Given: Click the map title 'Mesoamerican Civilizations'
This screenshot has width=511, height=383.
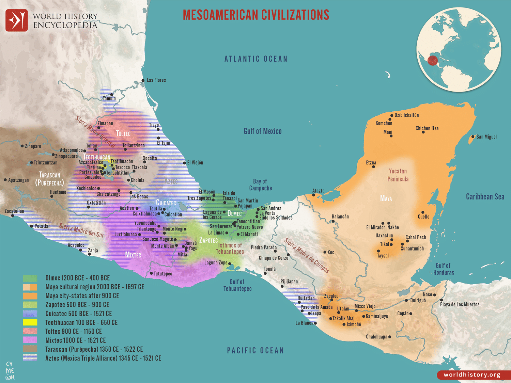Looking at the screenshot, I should click(256, 15).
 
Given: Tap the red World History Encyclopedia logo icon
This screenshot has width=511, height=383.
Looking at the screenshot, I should click(17, 20).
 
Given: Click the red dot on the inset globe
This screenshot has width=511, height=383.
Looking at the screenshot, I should click(432, 61).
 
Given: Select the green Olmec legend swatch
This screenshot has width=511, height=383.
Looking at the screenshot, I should click(30, 278).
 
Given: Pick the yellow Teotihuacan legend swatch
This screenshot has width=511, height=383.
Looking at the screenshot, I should click(30, 322).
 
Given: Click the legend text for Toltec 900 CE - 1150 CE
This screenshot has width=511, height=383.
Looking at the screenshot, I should click(74, 331).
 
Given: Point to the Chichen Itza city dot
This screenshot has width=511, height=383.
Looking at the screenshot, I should click(423, 132).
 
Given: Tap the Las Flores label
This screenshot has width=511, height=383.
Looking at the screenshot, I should click(156, 80).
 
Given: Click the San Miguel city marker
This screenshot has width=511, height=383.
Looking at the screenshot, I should click(473, 137).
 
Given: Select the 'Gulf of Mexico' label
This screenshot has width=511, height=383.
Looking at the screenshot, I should click(262, 131).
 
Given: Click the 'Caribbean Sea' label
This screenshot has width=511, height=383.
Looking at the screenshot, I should click(485, 196).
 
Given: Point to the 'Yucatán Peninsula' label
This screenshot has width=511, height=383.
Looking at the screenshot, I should click(398, 175).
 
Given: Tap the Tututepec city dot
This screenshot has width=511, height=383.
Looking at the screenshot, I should click(151, 273).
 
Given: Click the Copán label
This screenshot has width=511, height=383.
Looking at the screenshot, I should click(403, 313).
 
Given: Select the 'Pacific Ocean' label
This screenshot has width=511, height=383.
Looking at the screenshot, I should click(255, 351).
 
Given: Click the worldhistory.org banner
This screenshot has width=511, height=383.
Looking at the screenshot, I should click(472, 375).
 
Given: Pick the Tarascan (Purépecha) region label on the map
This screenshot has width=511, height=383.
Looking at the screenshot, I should click(49, 179).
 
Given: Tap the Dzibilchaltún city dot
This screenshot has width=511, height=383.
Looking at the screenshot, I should click(392, 116).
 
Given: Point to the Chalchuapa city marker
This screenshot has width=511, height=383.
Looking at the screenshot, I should click(390, 337).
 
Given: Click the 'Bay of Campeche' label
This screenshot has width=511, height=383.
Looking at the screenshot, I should click(260, 185).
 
